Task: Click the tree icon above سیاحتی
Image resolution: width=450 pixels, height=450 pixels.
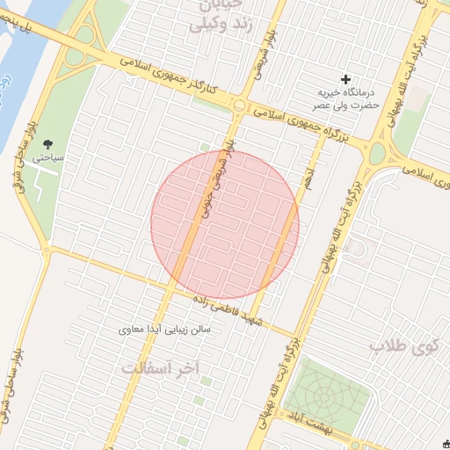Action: click(x=47, y=145)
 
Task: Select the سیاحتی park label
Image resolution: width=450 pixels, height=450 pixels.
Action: click(x=47, y=159)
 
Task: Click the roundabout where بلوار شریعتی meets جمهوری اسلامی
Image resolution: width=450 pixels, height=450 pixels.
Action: click(x=239, y=105)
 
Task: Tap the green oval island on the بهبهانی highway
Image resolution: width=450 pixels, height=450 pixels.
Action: click(x=377, y=155)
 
